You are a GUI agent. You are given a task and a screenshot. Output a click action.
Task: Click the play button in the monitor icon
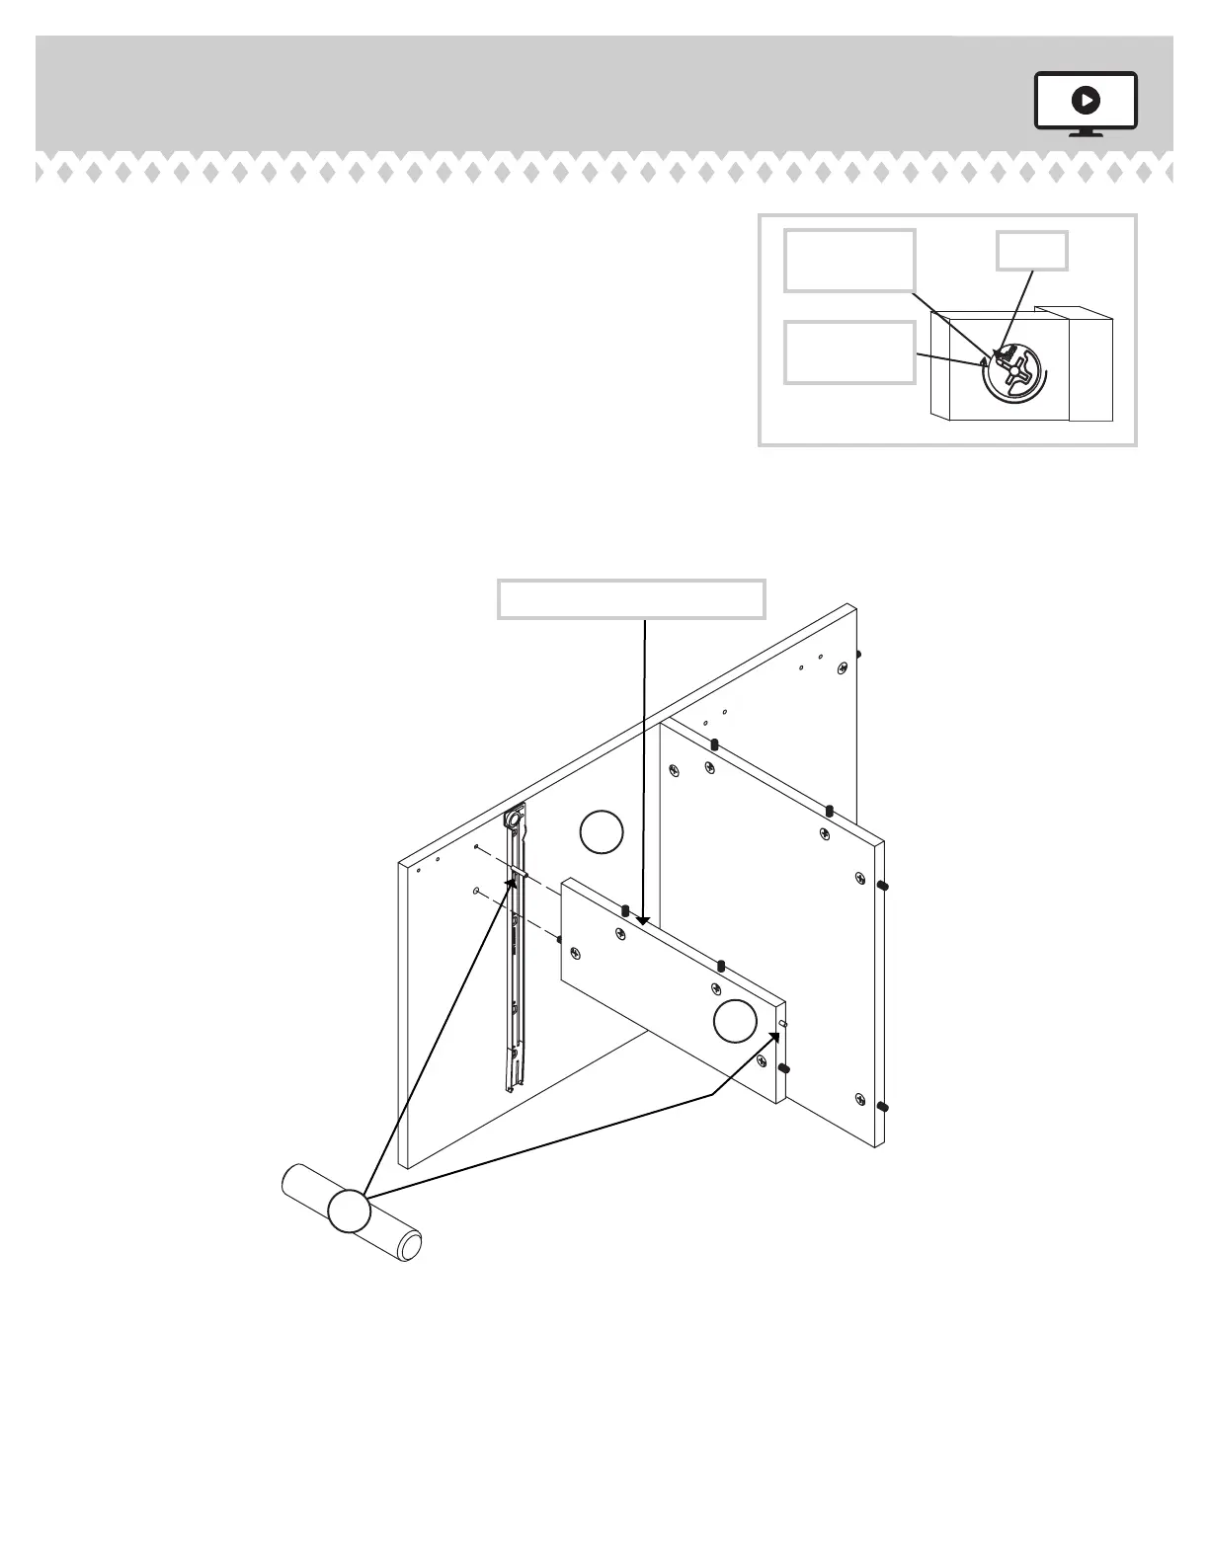pos(1086,100)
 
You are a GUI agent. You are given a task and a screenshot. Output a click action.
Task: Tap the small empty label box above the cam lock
pos(1031,251)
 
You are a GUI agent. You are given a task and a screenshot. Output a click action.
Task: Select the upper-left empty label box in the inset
pos(849,261)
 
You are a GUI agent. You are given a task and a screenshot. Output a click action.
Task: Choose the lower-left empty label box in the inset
pos(849,352)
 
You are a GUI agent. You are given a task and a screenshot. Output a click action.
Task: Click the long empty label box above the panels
pos(631,599)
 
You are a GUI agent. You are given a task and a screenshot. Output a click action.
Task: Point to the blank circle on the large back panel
pos(602,831)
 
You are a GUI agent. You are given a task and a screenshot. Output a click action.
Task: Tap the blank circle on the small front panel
pos(735,1020)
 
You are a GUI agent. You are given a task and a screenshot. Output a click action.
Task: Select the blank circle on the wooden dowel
pos(349,1211)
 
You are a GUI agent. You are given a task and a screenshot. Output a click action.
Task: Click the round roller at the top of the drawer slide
pos(515,819)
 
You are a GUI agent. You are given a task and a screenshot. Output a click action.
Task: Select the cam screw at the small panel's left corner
pos(575,953)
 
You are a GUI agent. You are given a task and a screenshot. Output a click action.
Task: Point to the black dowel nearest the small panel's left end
pos(625,908)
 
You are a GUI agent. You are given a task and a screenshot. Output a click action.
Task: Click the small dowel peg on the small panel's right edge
pos(782,1025)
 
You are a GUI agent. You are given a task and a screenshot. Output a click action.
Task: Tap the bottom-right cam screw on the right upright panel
pos(860,1099)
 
